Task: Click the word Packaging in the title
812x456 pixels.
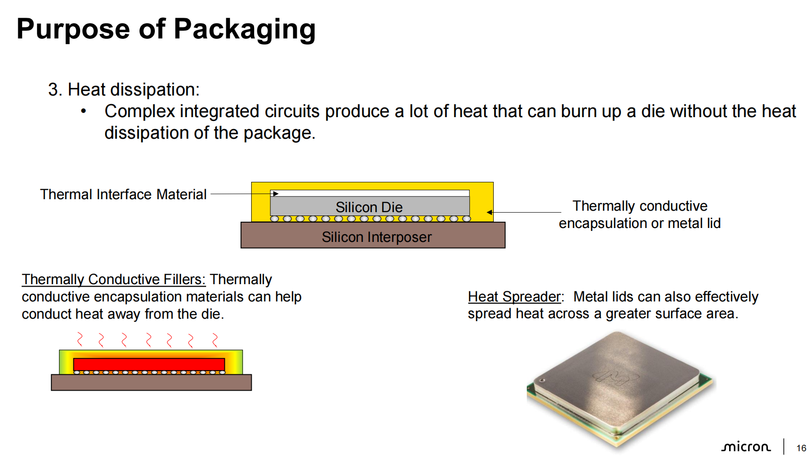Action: [244, 30]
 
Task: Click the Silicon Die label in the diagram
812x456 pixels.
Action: [369, 207]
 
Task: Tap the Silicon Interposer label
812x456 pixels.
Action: [377, 237]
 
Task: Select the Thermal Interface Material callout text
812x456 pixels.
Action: [123, 194]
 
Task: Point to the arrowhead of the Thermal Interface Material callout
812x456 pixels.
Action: [276, 193]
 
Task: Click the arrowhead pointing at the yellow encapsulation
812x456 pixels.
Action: [489, 212]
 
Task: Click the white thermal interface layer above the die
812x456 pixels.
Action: [370, 193]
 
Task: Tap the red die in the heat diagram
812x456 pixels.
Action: [149, 364]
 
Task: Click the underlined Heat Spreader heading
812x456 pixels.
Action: [514, 297]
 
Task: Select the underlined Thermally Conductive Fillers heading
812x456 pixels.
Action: [114, 279]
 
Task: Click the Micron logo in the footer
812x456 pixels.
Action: [746, 447]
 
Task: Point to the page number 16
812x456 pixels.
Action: [801, 448]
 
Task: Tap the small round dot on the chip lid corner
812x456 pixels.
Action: [542, 381]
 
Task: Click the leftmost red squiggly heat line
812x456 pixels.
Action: [80, 339]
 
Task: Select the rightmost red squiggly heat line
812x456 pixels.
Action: [215, 340]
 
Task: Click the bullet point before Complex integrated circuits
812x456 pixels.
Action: [83, 111]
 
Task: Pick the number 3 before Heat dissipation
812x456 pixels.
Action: [53, 89]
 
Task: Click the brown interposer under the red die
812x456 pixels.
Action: [151, 382]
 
